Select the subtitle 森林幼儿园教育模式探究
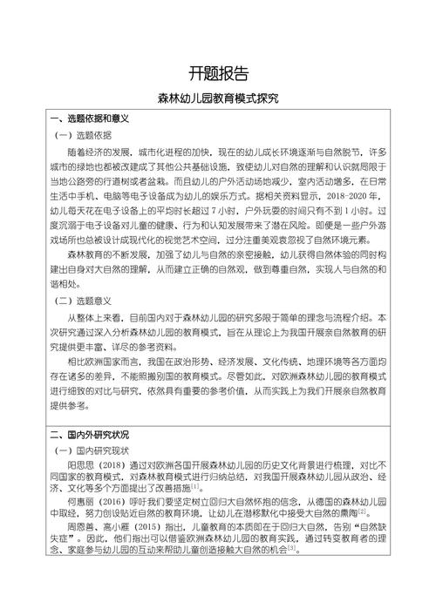(218, 99)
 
